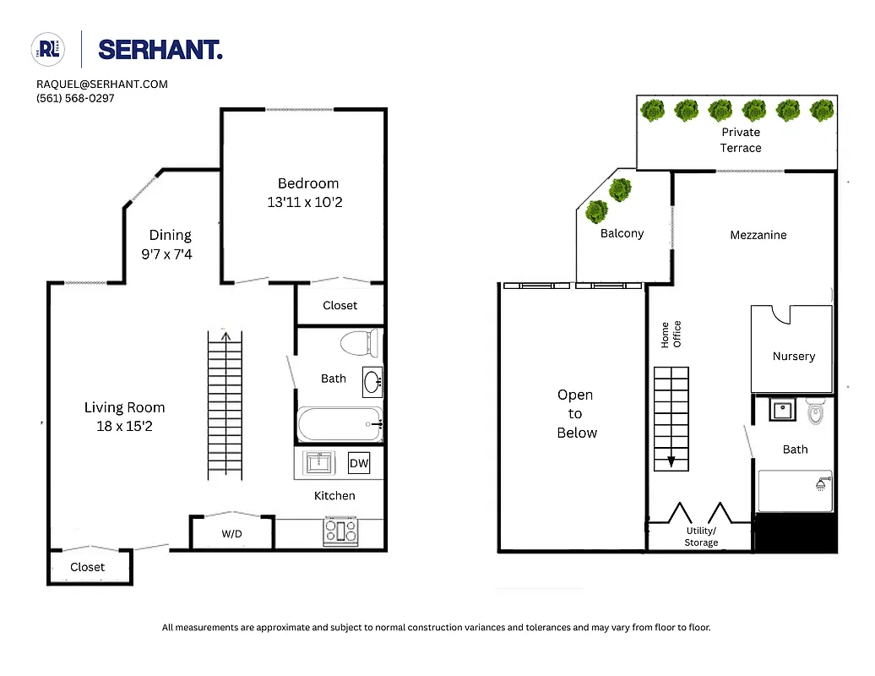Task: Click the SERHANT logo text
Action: pyautogui.click(x=160, y=50)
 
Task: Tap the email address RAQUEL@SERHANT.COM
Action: pyautogui.click(x=102, y=84)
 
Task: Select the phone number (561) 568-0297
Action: pyautogui.click(x=75, y=98)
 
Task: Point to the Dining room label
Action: pyautogui.click(x=171, y=235)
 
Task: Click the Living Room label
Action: pyautogui.click(x=124, y=407)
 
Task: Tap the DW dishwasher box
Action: pyautogui.click(x=358, y=462)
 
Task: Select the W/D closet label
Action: pyautogui.click(x=232, y=534)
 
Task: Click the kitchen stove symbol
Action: pyautogui.click(x=340, y=531)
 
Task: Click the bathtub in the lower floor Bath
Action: pyautogui.click(x=339, y=425)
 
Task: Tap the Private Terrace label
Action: pyautogui.click(x=741, y=140)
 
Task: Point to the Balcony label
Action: pyautogui.click(x=622, y=233)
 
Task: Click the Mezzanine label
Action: pyautogui.click(x=758, y=235)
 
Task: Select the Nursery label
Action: pyautogui.click(x=794, y=356)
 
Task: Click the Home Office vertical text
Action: pyautogui.click(x=671, y=335)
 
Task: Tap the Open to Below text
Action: pyautogui.click(x=576, y=414)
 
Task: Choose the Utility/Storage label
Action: pyautogui.click(x=701, y=537)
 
